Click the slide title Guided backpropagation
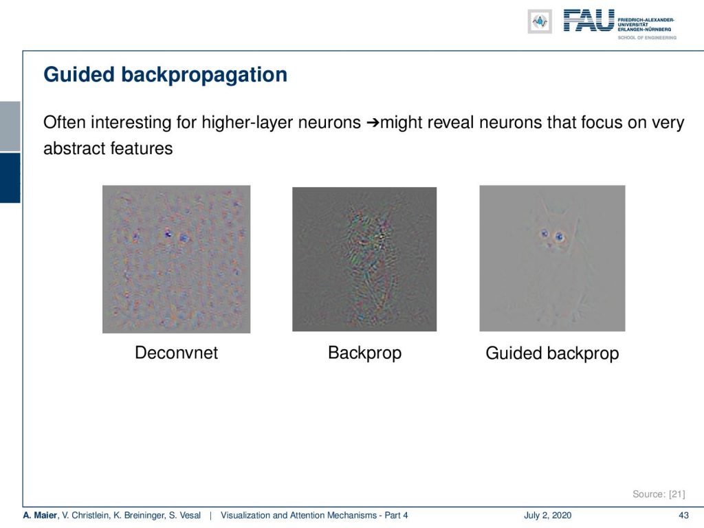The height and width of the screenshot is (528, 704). point(165,75)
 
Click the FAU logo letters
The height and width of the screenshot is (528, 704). point(588,21)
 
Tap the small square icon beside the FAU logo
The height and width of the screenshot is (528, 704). point(540,21)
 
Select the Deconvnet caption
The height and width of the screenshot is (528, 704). point(177,353)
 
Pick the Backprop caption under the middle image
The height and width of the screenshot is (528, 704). point(364,353)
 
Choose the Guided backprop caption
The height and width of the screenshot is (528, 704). point(552,353)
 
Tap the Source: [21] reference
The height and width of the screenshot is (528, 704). point(659,494)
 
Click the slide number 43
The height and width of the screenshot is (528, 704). point(683,516)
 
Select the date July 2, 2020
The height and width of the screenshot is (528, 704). point(547,516)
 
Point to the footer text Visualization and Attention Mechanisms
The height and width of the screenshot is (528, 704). point(298,516)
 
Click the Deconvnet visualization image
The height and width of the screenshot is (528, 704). point(177,259)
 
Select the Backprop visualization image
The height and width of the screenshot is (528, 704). point(364,259)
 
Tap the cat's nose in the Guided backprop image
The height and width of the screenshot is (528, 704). point(549,245)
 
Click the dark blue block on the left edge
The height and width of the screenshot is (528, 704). point(10,178)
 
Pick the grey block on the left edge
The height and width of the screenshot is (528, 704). point(10,126)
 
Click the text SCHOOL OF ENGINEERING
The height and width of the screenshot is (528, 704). point(647,38)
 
